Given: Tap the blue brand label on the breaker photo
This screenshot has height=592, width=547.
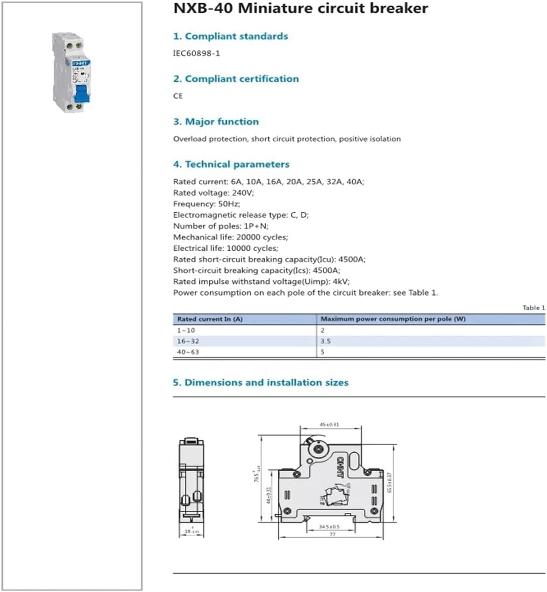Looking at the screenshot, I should point(81,63).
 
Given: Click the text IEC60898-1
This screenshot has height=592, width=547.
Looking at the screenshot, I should point(196,53).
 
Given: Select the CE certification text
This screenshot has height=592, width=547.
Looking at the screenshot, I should point(178,96).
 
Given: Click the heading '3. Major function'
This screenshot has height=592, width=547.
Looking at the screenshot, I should point(216,122).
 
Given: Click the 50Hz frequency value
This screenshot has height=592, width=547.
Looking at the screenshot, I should point(229,204).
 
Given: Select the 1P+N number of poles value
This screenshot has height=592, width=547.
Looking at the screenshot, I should point(256,226).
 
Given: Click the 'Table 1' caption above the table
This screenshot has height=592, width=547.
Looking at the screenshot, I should point(533,307).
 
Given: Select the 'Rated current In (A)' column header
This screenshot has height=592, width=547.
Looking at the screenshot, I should point(210,319).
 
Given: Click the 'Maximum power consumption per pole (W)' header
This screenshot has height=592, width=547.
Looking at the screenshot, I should point(393,319).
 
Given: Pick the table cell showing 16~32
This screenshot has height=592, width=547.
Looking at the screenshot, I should point(188,341).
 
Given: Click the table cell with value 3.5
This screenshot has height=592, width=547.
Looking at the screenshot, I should point(325,341).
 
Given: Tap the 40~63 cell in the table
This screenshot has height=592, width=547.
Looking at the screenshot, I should point(188,352).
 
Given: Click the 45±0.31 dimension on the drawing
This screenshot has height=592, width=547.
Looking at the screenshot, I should point(329,424).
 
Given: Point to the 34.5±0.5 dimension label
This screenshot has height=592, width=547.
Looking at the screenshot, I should point(329,526).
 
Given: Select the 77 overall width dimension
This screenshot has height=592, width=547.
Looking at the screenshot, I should point(332,534).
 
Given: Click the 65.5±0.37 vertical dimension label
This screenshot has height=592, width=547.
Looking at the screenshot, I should point(390,483).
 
